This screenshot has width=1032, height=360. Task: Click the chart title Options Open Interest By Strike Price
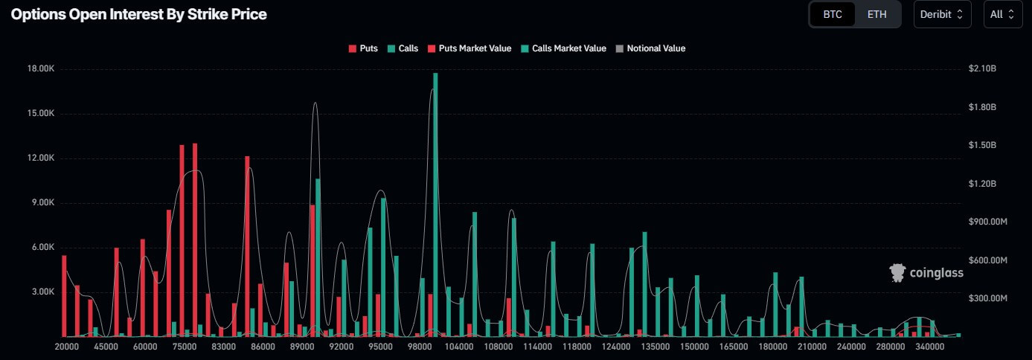coord(138,14)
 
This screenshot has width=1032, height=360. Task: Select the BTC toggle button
coord(832,14)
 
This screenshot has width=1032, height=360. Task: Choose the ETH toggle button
coord(876,14)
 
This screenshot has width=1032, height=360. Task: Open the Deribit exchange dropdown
coord(942,14)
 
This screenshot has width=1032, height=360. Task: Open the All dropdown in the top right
coord(1002,14)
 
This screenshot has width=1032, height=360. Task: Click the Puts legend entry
coord(363,48)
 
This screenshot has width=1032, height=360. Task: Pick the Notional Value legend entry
coord(650,48)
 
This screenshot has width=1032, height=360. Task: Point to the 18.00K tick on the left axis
coord(42,68)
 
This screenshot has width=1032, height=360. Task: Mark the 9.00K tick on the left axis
coord(43,202)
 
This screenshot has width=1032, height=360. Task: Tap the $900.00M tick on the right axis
coord(987,222)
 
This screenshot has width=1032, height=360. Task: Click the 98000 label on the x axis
coord(421,347)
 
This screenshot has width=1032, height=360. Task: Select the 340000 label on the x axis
coord(930,347)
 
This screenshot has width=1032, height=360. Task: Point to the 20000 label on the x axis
coord(67,347)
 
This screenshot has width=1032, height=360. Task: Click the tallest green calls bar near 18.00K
coord(435,205)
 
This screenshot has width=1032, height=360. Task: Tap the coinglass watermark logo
coord(926,273)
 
